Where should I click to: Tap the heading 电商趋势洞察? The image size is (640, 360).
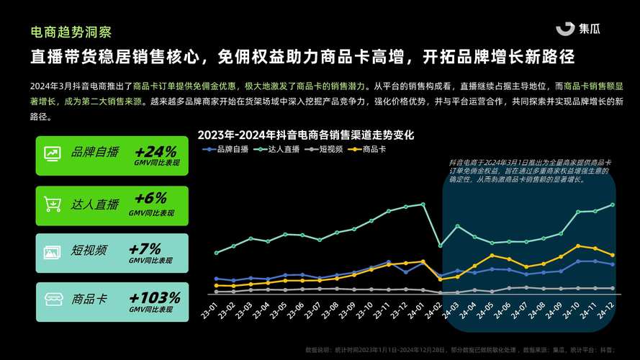[x=71, y=32]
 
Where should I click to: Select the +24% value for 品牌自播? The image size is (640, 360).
[x=155, y=152]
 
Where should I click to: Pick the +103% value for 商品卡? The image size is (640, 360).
[x=154, y=297]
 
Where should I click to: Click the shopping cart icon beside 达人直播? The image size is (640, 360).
[x=52, y=204]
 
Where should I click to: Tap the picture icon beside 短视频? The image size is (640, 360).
[x=52, y=253]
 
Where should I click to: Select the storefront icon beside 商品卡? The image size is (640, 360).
[x=52, y=300]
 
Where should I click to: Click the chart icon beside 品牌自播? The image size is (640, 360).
[x=52, y=154]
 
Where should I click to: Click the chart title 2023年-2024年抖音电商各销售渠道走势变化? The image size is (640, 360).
[x=306, y=135]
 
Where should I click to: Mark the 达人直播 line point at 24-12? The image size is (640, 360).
[x=613, y=204]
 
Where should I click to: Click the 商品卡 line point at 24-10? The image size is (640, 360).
[x=578, y=246]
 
